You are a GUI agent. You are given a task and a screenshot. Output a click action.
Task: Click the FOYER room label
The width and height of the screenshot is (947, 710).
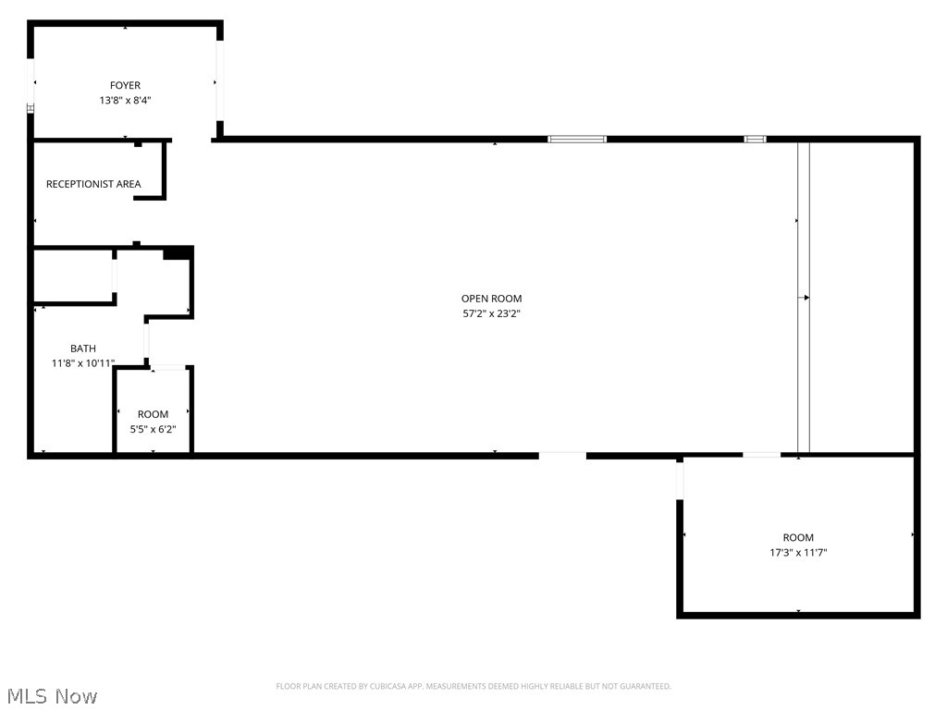tap(125, 85)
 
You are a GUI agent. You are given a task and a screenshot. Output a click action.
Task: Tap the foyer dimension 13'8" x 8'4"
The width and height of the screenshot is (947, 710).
tap(125, 100)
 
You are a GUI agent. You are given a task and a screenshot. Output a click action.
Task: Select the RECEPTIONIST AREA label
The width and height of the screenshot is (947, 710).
tap(93, 184)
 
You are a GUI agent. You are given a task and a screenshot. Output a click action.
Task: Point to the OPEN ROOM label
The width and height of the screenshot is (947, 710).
tap(492, 299)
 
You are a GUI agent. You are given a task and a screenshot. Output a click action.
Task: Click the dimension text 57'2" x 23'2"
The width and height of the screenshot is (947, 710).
tap(492, 313)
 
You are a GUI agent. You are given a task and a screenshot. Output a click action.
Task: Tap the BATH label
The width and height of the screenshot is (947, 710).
tap(82, 349)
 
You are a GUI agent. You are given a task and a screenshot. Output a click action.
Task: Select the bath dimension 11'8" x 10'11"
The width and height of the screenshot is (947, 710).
tap(82, 363)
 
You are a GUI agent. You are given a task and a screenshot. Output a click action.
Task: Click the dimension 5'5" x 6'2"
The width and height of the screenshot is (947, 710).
tap(153, 429)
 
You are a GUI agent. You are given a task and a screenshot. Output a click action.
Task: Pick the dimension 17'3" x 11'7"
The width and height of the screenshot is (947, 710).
tap(798, 553)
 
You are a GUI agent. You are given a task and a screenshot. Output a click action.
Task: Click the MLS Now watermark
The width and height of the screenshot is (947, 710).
tap(52, 696)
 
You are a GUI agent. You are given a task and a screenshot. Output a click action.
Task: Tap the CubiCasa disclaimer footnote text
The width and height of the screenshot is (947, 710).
tap(473, 687)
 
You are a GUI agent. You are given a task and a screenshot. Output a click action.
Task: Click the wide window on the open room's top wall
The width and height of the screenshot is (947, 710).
tap(577, 140)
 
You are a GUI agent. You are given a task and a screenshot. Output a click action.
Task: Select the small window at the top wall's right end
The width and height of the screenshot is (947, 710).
tap(755, 140)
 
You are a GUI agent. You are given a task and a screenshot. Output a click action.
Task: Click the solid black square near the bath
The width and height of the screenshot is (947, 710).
tap(177, 253)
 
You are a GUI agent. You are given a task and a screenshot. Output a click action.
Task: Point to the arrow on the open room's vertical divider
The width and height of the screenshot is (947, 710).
tap(804, 298)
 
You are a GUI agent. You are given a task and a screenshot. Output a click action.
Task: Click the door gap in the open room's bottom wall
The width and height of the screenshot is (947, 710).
tap(562, 455)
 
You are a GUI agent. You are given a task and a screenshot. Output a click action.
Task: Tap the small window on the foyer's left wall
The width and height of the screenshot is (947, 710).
tap(31, 108)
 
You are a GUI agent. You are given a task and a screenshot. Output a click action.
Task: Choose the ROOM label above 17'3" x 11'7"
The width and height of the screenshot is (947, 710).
tap(798, 537)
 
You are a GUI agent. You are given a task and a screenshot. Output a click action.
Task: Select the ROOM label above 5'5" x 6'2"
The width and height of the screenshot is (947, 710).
tap(153, 414)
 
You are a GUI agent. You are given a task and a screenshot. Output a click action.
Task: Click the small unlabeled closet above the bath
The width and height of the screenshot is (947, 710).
tap(73, 275)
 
